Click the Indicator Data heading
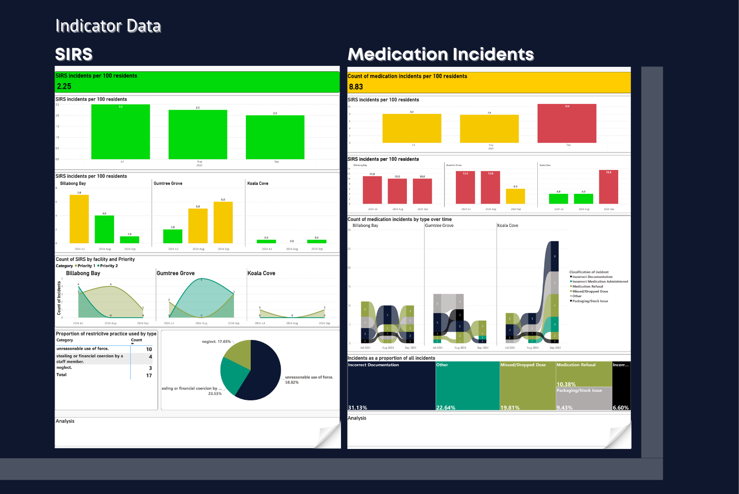point(108,26)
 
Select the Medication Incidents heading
point(441,54)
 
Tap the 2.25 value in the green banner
point(64,86)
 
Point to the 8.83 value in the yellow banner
point(356,87)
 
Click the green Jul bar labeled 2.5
point(120,133)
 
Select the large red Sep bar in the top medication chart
point(567,124)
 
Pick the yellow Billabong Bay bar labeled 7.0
point(79,219)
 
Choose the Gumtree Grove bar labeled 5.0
point(198,226)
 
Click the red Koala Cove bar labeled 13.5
point(608,187)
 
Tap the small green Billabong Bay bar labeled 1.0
point(129,240)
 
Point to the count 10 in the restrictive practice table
point(149,349)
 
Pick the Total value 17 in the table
point(149,376)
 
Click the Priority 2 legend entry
point(108,266)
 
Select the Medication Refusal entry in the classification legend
point(587,286)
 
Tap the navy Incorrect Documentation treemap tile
point(392,386)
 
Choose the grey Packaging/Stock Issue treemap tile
point(584,399)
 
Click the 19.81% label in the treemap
point(510,408)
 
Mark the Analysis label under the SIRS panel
point(65,421)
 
